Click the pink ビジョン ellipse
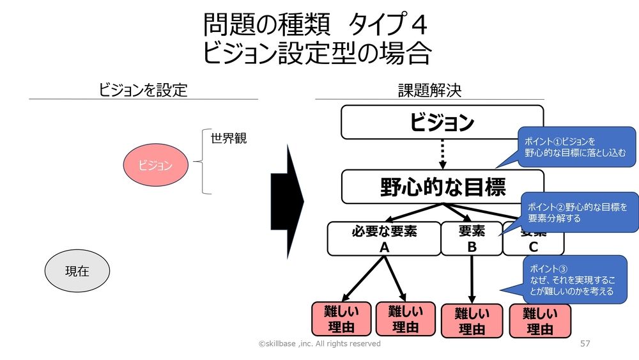[x=156, y=166]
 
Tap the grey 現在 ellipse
[x=77, y=271]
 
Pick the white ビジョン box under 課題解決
[x=442, y=122]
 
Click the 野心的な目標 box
[x=442, y=187]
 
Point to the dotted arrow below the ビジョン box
[x=442, y=154]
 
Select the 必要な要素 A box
[x=384, y=239]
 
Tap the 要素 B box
[x=472, y=239]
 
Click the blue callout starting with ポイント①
[x=575, y=147]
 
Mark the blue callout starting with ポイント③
[x=574, y=279]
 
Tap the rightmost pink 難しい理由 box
[x=540, y=321]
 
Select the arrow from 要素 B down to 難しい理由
[x=472, y=279]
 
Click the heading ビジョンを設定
[x=143, y=90]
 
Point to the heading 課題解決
[x=429, y=90]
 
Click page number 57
[x=585, y=344]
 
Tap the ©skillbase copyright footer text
[x=319, y=344]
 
